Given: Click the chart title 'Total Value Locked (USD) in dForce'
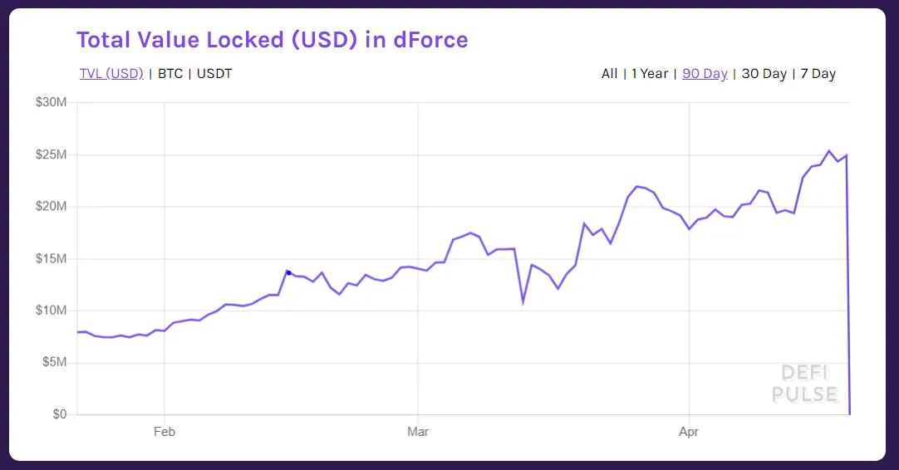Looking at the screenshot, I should point(272,39).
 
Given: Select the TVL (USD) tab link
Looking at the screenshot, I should point(111,73).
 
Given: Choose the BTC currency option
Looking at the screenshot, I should point(170,73).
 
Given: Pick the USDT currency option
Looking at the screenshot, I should point(214,73).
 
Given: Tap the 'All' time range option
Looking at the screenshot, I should point(609,73).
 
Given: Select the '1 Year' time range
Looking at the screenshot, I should point(649,73).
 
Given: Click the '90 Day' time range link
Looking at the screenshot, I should point(705,73).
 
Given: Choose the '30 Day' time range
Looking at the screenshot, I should point(764,73).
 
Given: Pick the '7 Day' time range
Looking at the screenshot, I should point(818,73).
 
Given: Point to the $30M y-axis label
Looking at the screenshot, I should point(51,102).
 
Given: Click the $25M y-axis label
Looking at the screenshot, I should point(51,154).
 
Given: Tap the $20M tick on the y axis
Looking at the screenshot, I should point(51,206).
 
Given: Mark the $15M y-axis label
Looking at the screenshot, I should point(51,258).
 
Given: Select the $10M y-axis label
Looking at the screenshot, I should point(51,311).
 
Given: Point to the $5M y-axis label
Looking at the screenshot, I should point(54,362).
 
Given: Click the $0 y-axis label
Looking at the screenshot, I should point(58,414).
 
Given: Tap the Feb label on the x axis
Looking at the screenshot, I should point(164,432).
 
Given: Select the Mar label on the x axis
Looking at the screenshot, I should point(418,432).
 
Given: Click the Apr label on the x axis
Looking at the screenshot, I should point(689,432).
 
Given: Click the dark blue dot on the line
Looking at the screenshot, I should point(288,272).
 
